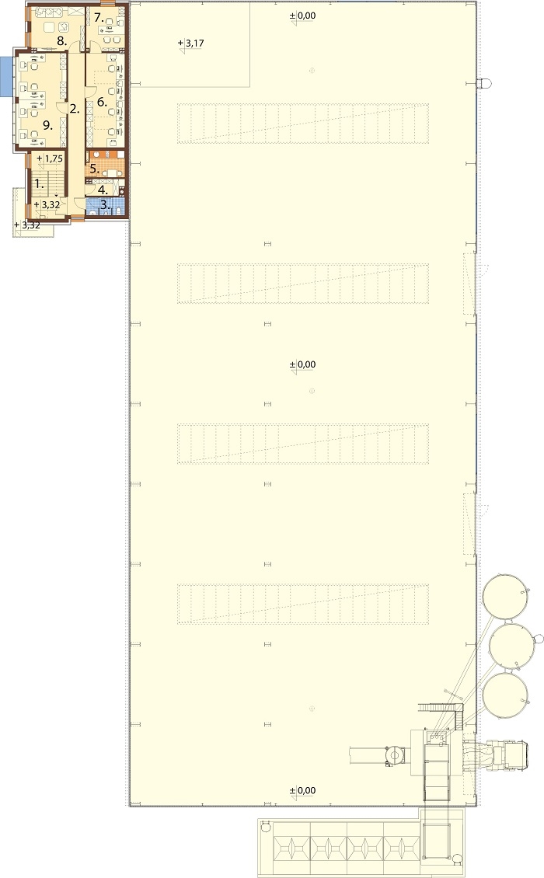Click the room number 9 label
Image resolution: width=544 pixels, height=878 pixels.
(x=47, y=126)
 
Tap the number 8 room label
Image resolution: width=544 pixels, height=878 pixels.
(x=62, y=41)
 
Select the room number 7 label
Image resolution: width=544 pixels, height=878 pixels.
(x=99, y=16)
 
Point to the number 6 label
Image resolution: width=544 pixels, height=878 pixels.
(x=101, y=102)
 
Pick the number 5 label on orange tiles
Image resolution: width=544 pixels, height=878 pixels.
(x=95, y=167)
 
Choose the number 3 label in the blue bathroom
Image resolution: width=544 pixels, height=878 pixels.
(x=104, y=205)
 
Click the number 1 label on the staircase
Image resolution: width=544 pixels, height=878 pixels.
(x=39, y=183)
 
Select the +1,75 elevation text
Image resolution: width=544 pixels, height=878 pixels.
(x=50, y=159)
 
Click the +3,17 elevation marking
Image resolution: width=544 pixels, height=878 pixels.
(x=191, y=43)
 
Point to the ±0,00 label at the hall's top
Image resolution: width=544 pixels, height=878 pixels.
(x=302, y=16)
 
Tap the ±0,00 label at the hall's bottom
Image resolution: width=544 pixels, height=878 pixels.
(x=302, y=791)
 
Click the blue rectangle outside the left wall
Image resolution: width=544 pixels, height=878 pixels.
(x=6, y=75)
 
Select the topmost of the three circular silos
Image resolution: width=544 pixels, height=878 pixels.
(x=506, y=596)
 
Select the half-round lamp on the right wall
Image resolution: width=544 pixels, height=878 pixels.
(x=485, y=83)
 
